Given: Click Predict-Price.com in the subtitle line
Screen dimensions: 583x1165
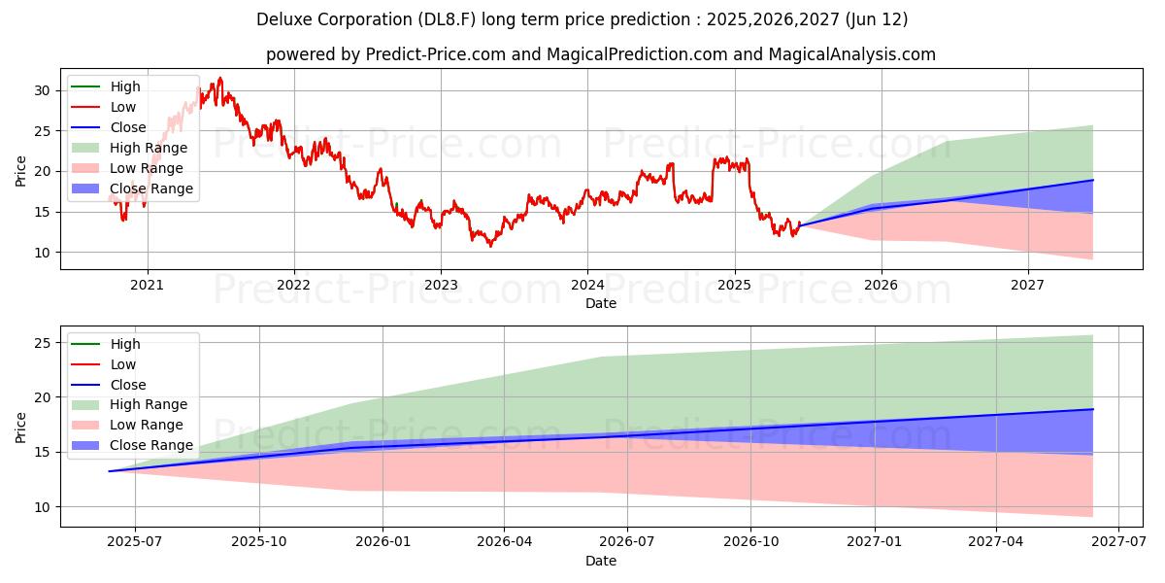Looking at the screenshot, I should (435, 54).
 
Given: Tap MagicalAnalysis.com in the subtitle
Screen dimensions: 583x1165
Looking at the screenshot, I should (851, 54).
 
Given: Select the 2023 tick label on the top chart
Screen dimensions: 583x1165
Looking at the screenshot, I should (440, 285).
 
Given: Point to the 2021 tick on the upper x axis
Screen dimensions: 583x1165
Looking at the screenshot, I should (147, 285).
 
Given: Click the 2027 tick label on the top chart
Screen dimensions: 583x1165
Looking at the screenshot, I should (1027, 285).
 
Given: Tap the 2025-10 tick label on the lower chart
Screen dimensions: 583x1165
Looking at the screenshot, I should (258, 542).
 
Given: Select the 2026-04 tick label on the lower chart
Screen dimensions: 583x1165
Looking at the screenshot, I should (504, 542).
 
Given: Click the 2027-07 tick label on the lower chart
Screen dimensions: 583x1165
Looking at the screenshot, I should (1118, 542).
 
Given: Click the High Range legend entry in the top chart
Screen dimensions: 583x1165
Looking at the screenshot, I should (149, 148).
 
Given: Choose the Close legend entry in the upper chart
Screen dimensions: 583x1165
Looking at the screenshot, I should (128, 127).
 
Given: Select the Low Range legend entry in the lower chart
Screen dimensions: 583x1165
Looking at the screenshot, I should (147, 425).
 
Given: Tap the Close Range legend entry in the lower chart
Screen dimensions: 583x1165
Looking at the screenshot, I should (150, 445).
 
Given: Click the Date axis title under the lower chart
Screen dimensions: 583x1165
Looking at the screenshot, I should (600, 561).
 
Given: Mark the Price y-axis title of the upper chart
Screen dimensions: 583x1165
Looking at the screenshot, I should (21, 170).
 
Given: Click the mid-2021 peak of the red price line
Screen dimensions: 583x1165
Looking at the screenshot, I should (220, 78).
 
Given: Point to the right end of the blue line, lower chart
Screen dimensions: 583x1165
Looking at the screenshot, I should (1093, 409).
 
